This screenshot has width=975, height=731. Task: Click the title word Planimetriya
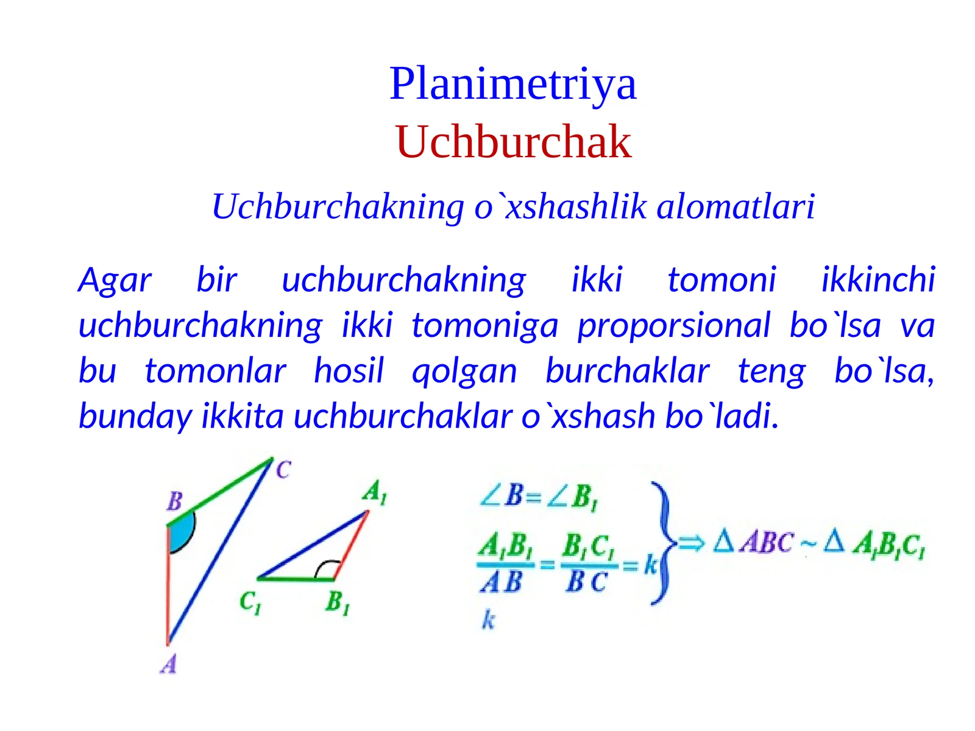tap(512, 83)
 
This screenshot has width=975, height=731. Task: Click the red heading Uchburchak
tap(512, 142)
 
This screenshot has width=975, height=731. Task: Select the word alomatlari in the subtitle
tap(736, 207)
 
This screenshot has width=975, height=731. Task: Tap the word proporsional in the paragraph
tap(673, 325)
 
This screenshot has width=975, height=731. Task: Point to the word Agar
tap(115, 280)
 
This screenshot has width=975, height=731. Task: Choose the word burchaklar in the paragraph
tap(627, 370)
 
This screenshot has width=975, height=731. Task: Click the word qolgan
tap(464, 370)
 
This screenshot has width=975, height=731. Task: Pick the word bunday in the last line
tap(135, 416)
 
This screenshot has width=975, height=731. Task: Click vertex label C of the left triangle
tap(283, 470)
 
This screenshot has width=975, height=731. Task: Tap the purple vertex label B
tap(174, 501)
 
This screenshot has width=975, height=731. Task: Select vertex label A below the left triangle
tap(169, 663)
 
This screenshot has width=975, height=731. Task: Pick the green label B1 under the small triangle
tap(338, 602)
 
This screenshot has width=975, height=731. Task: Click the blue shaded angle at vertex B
tap(180, 534)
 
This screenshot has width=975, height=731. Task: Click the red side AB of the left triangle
tap(168, 585)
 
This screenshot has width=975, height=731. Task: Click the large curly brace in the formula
tap(662, 542)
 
